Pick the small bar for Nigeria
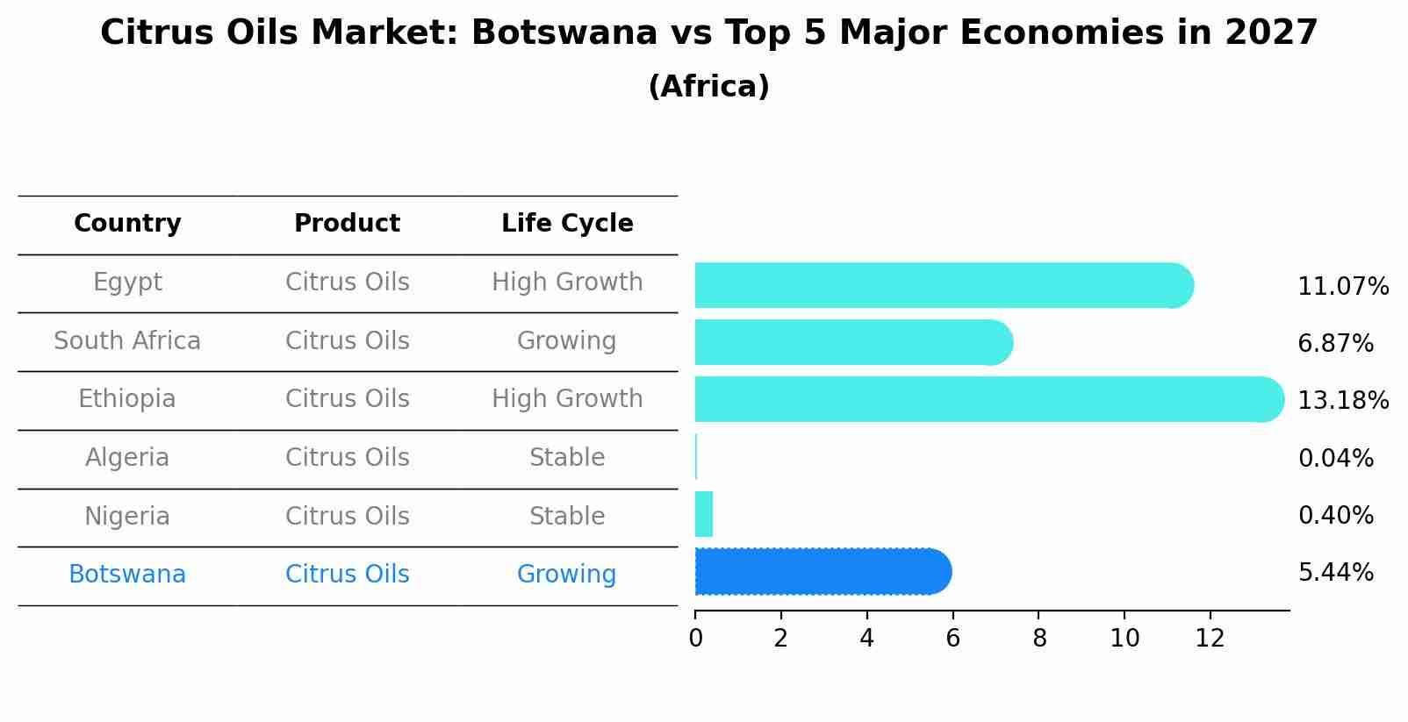(704, 514)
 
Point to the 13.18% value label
(1343, 401)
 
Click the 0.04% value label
(1335, 458)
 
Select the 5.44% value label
(1335, 573)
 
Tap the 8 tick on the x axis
(1039, 639)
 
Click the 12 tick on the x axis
(1210, 639)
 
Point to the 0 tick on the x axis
(695, 639)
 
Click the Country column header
(127, 224)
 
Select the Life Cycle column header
(567, 224)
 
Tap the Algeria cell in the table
(127, 458)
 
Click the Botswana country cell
(127, 575)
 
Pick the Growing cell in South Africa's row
(566, 341)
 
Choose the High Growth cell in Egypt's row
(567, 282)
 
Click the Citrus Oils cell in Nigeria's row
(347, 517)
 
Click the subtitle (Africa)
(708, 87)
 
